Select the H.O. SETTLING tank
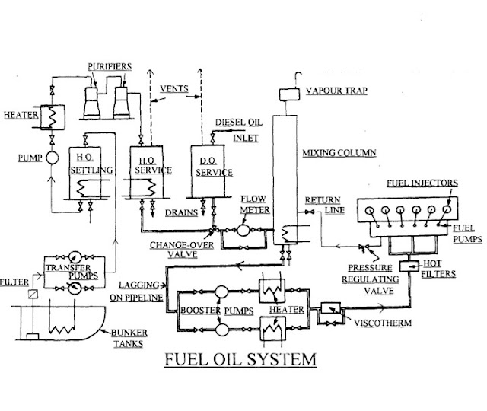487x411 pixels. pyautogui.click(x=91, y=172)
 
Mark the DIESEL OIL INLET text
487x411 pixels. pyautogui.click(x=238, y=130)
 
